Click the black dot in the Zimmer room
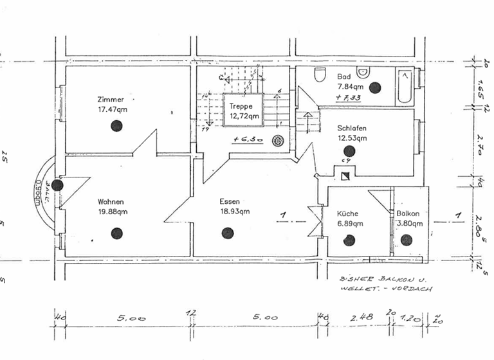tap(116, 126)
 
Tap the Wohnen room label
tap(111, 201)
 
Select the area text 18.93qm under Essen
tap(234, 211)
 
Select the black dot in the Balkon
tap(406, 240)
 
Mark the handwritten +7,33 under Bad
tap(348, 98)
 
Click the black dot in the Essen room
tap(226, 233)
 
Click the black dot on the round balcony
tap(57, 185)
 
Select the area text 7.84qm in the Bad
tap(351, 85)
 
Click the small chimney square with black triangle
tap(345, 174)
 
